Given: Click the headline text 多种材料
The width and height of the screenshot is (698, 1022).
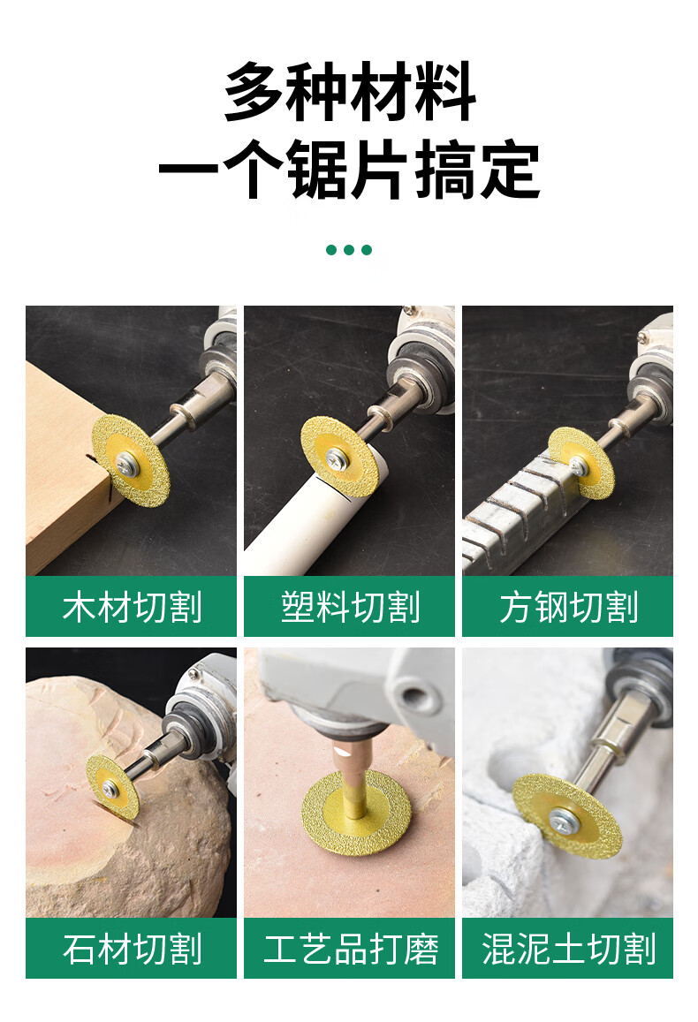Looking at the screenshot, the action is tap(350, 91).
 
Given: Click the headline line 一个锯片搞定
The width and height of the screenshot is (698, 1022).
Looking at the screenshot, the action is tap(349, 170).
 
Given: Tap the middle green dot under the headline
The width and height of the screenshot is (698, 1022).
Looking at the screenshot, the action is tap(349, 250).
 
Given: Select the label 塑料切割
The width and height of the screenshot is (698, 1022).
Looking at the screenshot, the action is tap(350, 607).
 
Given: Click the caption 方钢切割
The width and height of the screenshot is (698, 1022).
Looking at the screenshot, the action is tap(568, 607).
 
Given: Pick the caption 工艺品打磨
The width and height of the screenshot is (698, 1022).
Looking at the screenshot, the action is tap(350, 949).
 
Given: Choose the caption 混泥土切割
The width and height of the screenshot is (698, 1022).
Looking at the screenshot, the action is tap(568, 949).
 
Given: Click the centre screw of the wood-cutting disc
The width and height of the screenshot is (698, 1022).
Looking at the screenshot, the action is tap(125, 463).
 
